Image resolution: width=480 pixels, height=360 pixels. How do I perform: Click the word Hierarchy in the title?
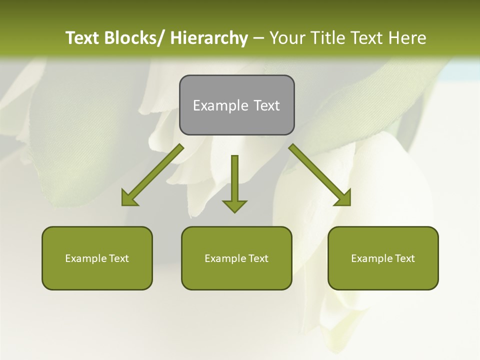[x=209, y=38]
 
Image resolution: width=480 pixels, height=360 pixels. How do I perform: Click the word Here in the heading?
[x=407, y=38]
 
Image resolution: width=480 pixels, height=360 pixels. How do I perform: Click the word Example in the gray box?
[x=220, y=105]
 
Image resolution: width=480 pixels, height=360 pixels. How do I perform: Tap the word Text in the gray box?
[x=266, y=105]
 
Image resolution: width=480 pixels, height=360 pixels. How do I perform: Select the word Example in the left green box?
[x=86, y=258]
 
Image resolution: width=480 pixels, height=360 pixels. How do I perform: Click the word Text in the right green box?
[x=404, y=258]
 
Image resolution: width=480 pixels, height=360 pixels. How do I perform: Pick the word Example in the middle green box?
[x=225, y=258]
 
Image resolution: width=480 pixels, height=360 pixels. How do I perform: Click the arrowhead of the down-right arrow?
[x=343, y=198]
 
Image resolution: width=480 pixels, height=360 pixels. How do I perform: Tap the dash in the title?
[x=258, y=38]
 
